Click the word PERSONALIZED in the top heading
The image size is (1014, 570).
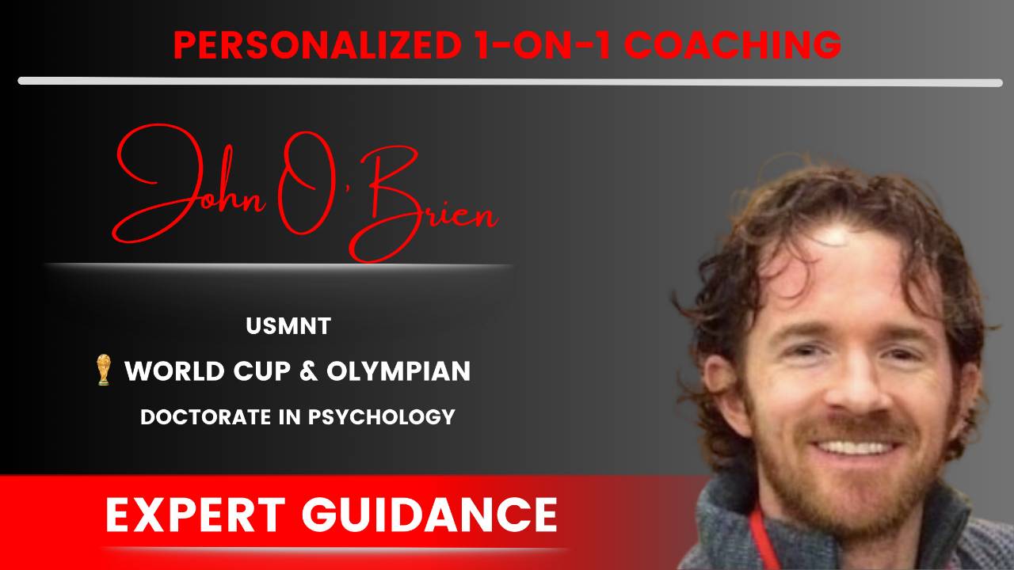tap(318, 45)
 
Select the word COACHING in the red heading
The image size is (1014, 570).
tap(733, 45)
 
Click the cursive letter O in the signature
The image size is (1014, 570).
tap(304, 183)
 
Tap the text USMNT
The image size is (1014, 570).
tap(288, 326)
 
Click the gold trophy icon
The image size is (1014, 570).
tap(104, 370)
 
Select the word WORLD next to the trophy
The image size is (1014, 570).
tap(175, 371)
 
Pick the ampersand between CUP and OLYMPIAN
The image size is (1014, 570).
tap(308, 371)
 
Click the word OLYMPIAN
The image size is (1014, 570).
tap(398, 371)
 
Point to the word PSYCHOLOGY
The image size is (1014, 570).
tap(382, 417)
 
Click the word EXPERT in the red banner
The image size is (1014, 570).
tap(195, 515)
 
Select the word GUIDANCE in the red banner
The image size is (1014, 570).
tap(429, 515)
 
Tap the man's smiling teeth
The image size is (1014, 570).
tap(854, 447)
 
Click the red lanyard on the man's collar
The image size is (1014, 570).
tap(760, 538)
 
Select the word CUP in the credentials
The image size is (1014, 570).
tap(261, 371)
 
